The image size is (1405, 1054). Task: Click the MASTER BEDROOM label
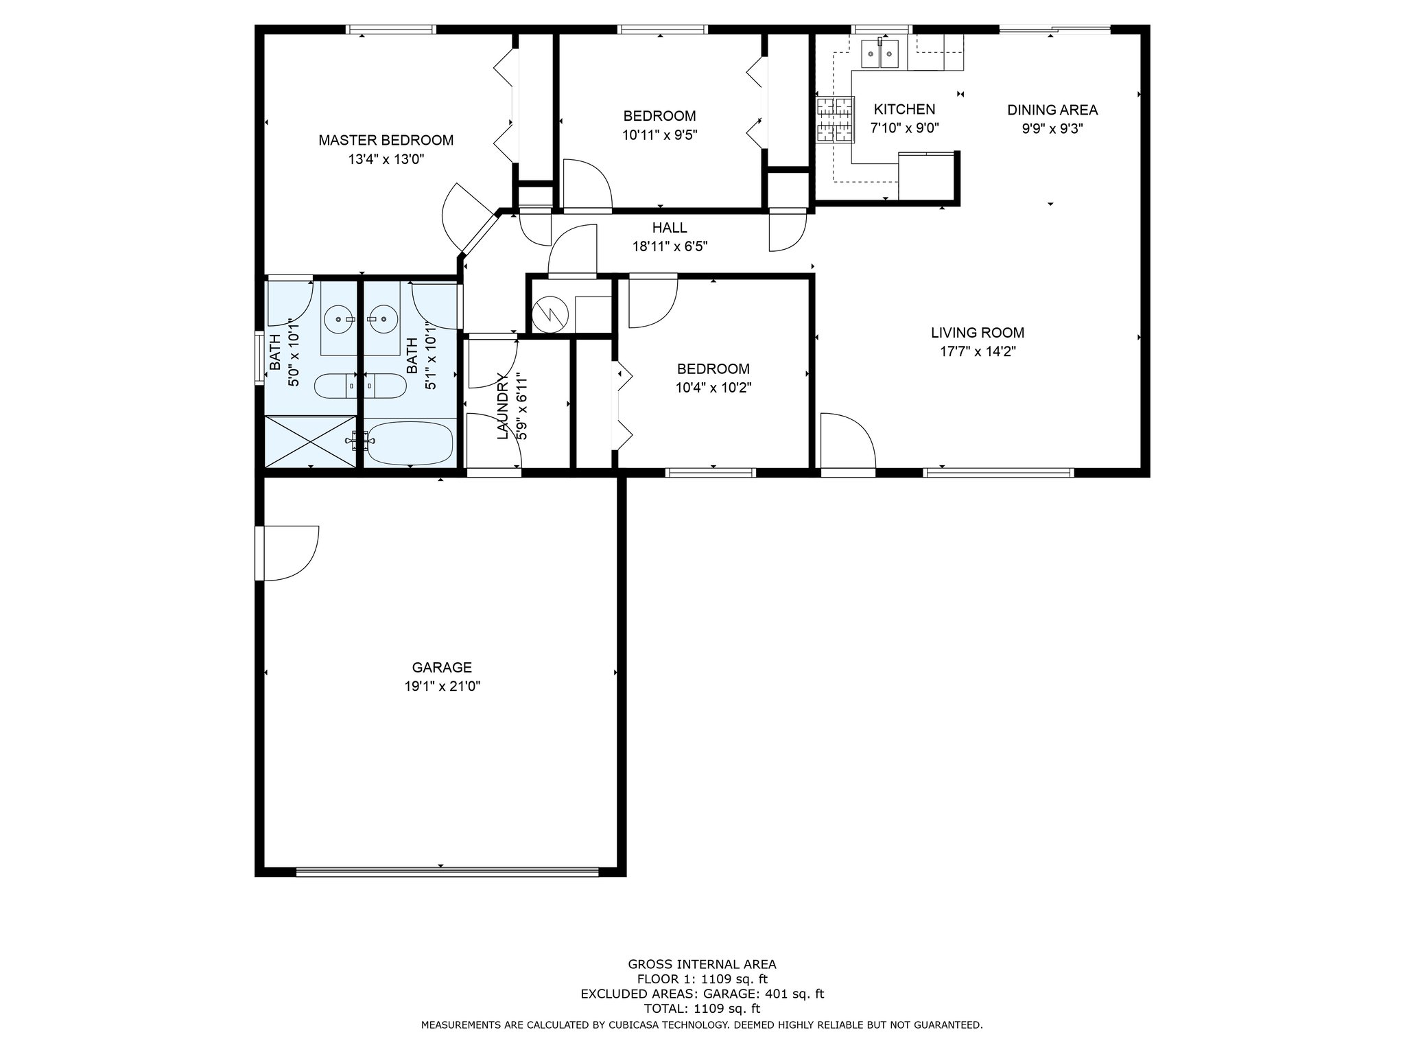click(x=386, y=141)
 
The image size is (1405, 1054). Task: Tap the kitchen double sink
click(x=880, y=54)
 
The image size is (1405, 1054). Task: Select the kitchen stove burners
click(x=835, y=119)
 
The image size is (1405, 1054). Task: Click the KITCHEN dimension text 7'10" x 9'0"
click(x=904, y=128)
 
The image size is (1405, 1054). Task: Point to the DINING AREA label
click(x=1052, y=110)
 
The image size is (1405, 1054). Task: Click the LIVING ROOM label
click(x=978, y=333)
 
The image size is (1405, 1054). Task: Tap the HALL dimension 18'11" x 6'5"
click(x=670, y=246)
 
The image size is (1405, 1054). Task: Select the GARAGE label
click(x=442, y=667)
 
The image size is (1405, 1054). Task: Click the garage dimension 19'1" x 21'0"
click(x=442, y=686)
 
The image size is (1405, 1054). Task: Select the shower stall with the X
click(x=311, y=442)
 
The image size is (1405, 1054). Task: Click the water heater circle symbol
click(x=551, y=314)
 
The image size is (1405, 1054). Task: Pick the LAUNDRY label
click(x=503, y=406)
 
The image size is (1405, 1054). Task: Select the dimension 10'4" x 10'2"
click(x=713, y=388)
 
